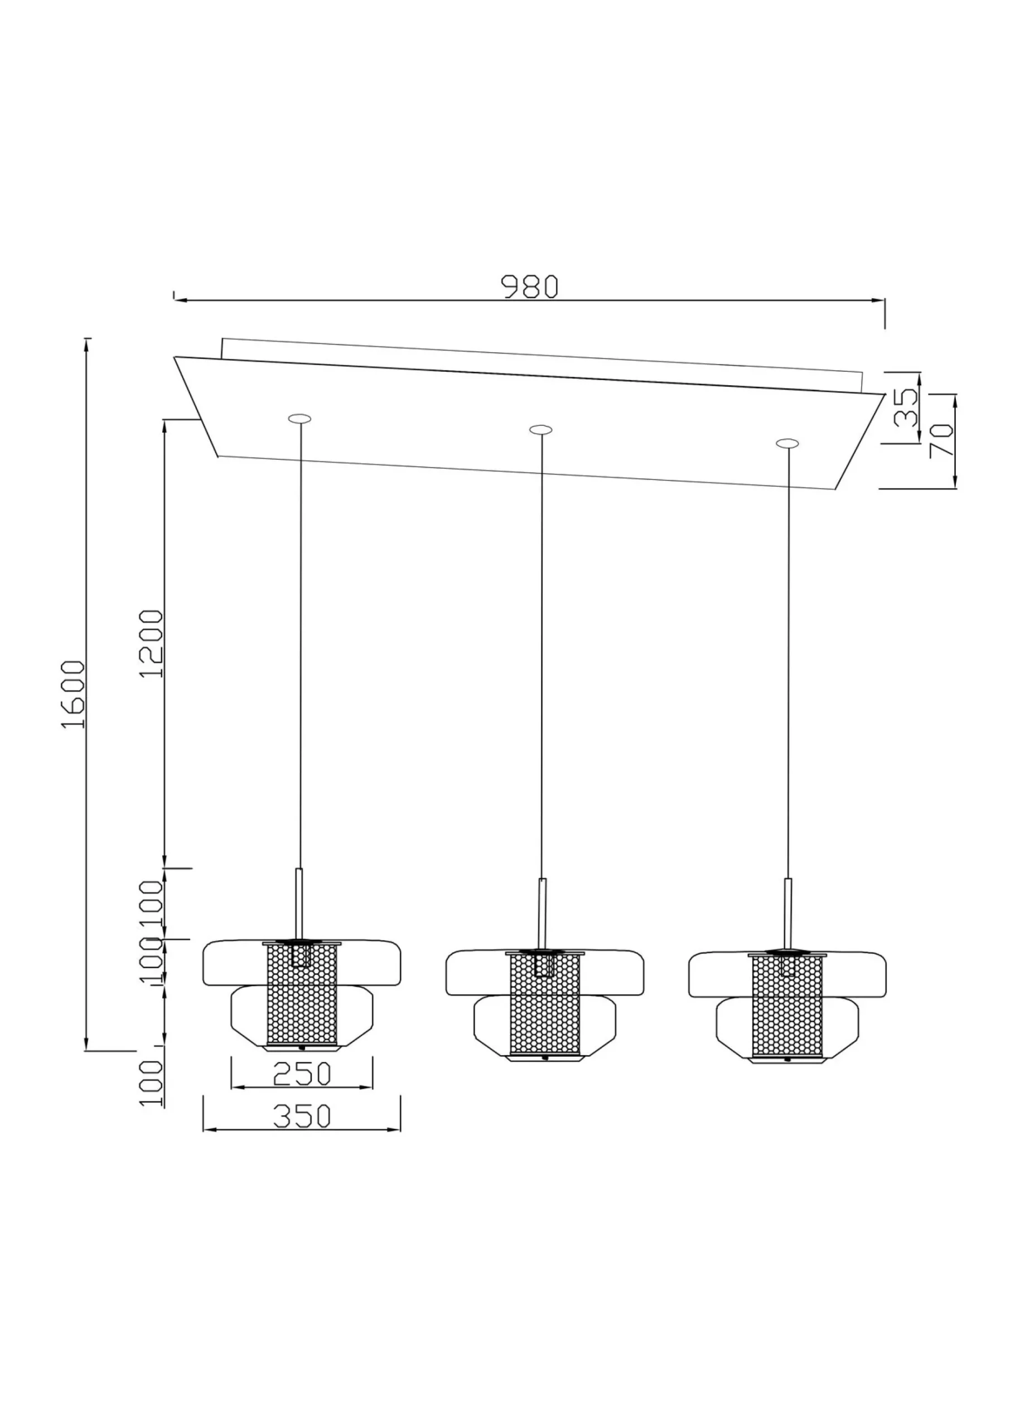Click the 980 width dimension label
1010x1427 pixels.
(x=530, y=287)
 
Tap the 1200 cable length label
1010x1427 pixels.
(x=151, y=644)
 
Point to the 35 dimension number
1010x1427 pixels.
(x=906, y=406)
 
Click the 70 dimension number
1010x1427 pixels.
(x=941, y=440)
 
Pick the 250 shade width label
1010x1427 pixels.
(x=302, y=1074)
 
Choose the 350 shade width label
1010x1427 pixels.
(x=302, y=1117)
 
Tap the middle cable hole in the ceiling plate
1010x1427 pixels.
(x=540, y=429)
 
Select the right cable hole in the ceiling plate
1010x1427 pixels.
(x=787, y=443)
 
